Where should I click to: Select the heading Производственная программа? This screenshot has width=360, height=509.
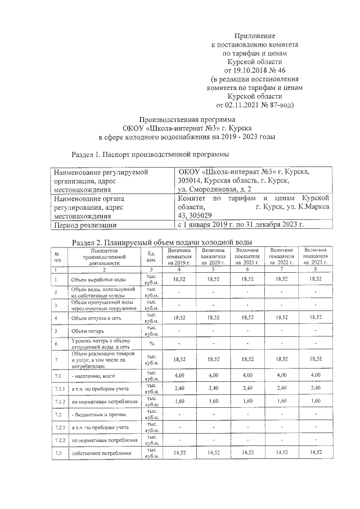pos(187,120)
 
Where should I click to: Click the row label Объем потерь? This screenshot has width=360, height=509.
pos(88,331)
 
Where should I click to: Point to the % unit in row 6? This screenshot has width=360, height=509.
pos(151,344)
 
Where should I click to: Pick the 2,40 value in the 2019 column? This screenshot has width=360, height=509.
pos(179,388)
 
